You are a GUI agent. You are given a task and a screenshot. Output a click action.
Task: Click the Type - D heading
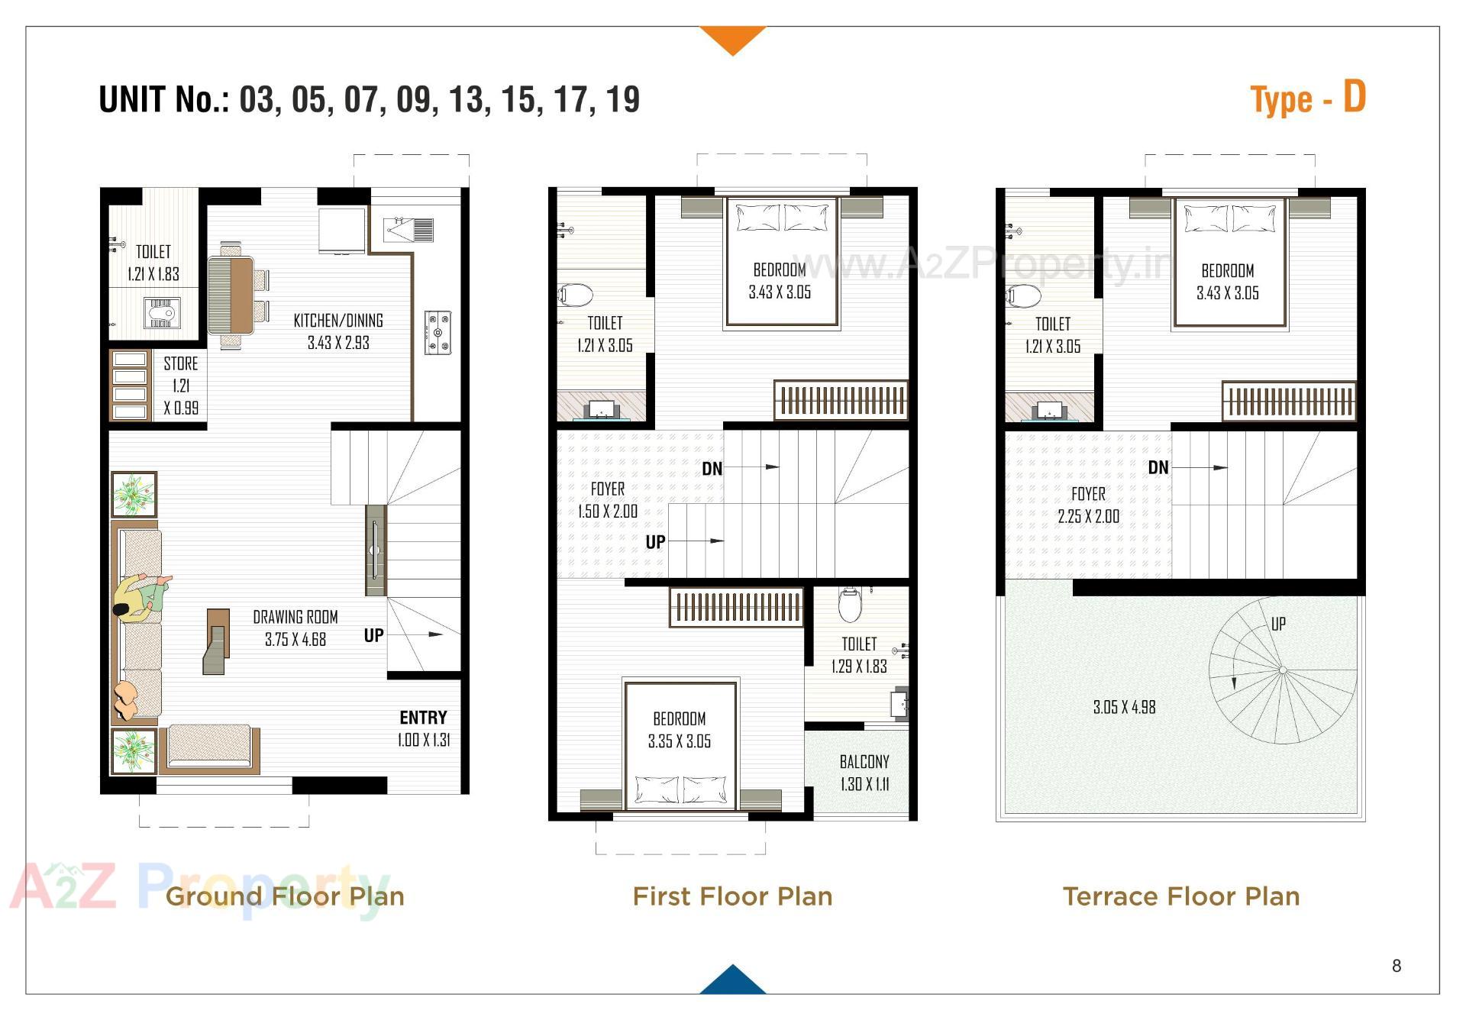[x=1307, y=99]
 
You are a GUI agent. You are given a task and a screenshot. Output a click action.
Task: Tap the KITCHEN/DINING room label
[x=338, y=321]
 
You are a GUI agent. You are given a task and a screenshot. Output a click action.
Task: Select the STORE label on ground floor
[x=181, y=364]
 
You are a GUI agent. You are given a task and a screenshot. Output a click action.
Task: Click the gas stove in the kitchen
[x=438, y=333]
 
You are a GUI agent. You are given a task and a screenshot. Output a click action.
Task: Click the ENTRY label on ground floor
[x=423, y=718]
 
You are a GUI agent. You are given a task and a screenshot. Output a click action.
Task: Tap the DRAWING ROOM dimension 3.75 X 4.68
[x=295, y=640]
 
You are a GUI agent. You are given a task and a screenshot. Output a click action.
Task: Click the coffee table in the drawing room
[x=217, y=641]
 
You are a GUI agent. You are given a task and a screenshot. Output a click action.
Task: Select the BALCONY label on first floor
[x=864, y=762]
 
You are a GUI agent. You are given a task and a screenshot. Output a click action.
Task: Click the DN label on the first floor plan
[x=712, y=469]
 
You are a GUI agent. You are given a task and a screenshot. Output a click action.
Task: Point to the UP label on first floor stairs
[x=655, y=542]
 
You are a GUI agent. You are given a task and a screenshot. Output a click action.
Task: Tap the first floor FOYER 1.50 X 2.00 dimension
[x=608, y=512]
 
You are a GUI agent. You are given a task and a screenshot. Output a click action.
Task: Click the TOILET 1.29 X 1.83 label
[x=859, y=655]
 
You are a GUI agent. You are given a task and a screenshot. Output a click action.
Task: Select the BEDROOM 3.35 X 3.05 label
[x=680, y=730]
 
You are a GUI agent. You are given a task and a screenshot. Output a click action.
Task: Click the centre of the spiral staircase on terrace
[x=1283, y=670]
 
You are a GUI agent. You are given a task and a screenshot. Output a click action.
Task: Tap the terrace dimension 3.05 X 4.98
[x=1124, y=708]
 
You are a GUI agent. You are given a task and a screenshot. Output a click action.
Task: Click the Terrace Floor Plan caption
[x=1180, y=896]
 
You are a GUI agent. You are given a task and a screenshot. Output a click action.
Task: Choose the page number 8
[x=1397, y=967]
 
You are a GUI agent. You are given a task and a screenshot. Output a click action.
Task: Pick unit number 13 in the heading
[x=466, y=100]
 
